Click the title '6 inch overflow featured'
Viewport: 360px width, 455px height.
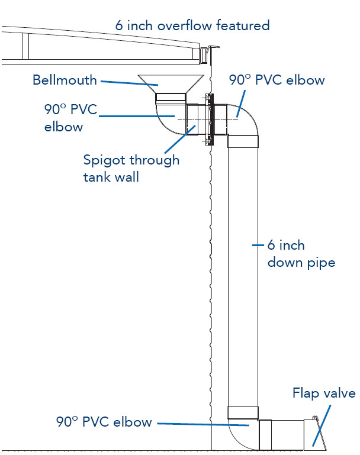[192, 25]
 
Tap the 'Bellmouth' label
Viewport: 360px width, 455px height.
[65, 80]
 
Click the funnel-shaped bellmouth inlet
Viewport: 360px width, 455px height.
[171, 84]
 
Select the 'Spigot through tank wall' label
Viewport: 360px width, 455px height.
[131, 168]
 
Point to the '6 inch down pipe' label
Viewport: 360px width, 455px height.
[301, 254]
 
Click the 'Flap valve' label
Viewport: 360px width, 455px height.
[324, 393]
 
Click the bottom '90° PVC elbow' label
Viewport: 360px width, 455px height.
[104, 422]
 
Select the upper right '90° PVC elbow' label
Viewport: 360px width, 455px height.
[277, 80]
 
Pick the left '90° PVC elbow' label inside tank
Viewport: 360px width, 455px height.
[70, 118]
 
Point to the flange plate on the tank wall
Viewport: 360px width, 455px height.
[210, 120]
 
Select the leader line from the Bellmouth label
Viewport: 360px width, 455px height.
[130, 83]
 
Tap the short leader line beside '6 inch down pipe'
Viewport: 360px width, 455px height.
[258, 245]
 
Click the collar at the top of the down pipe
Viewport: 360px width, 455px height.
[243, 141]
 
